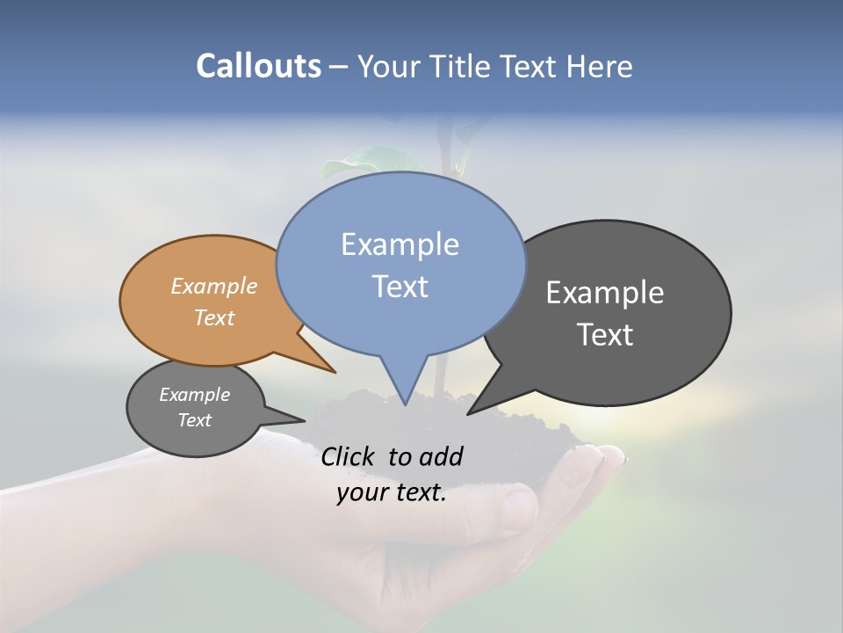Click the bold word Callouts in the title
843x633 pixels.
258,66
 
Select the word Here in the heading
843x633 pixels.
600,66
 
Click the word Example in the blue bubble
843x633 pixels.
400,244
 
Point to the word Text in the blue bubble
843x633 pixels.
400,287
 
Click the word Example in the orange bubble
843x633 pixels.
214,286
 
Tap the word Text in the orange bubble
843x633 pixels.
214,317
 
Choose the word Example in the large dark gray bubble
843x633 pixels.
605,293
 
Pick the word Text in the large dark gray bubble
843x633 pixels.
605,335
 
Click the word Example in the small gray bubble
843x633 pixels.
194,395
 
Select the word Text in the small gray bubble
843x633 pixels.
194,420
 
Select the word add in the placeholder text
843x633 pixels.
441,456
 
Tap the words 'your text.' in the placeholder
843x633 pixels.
391,492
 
